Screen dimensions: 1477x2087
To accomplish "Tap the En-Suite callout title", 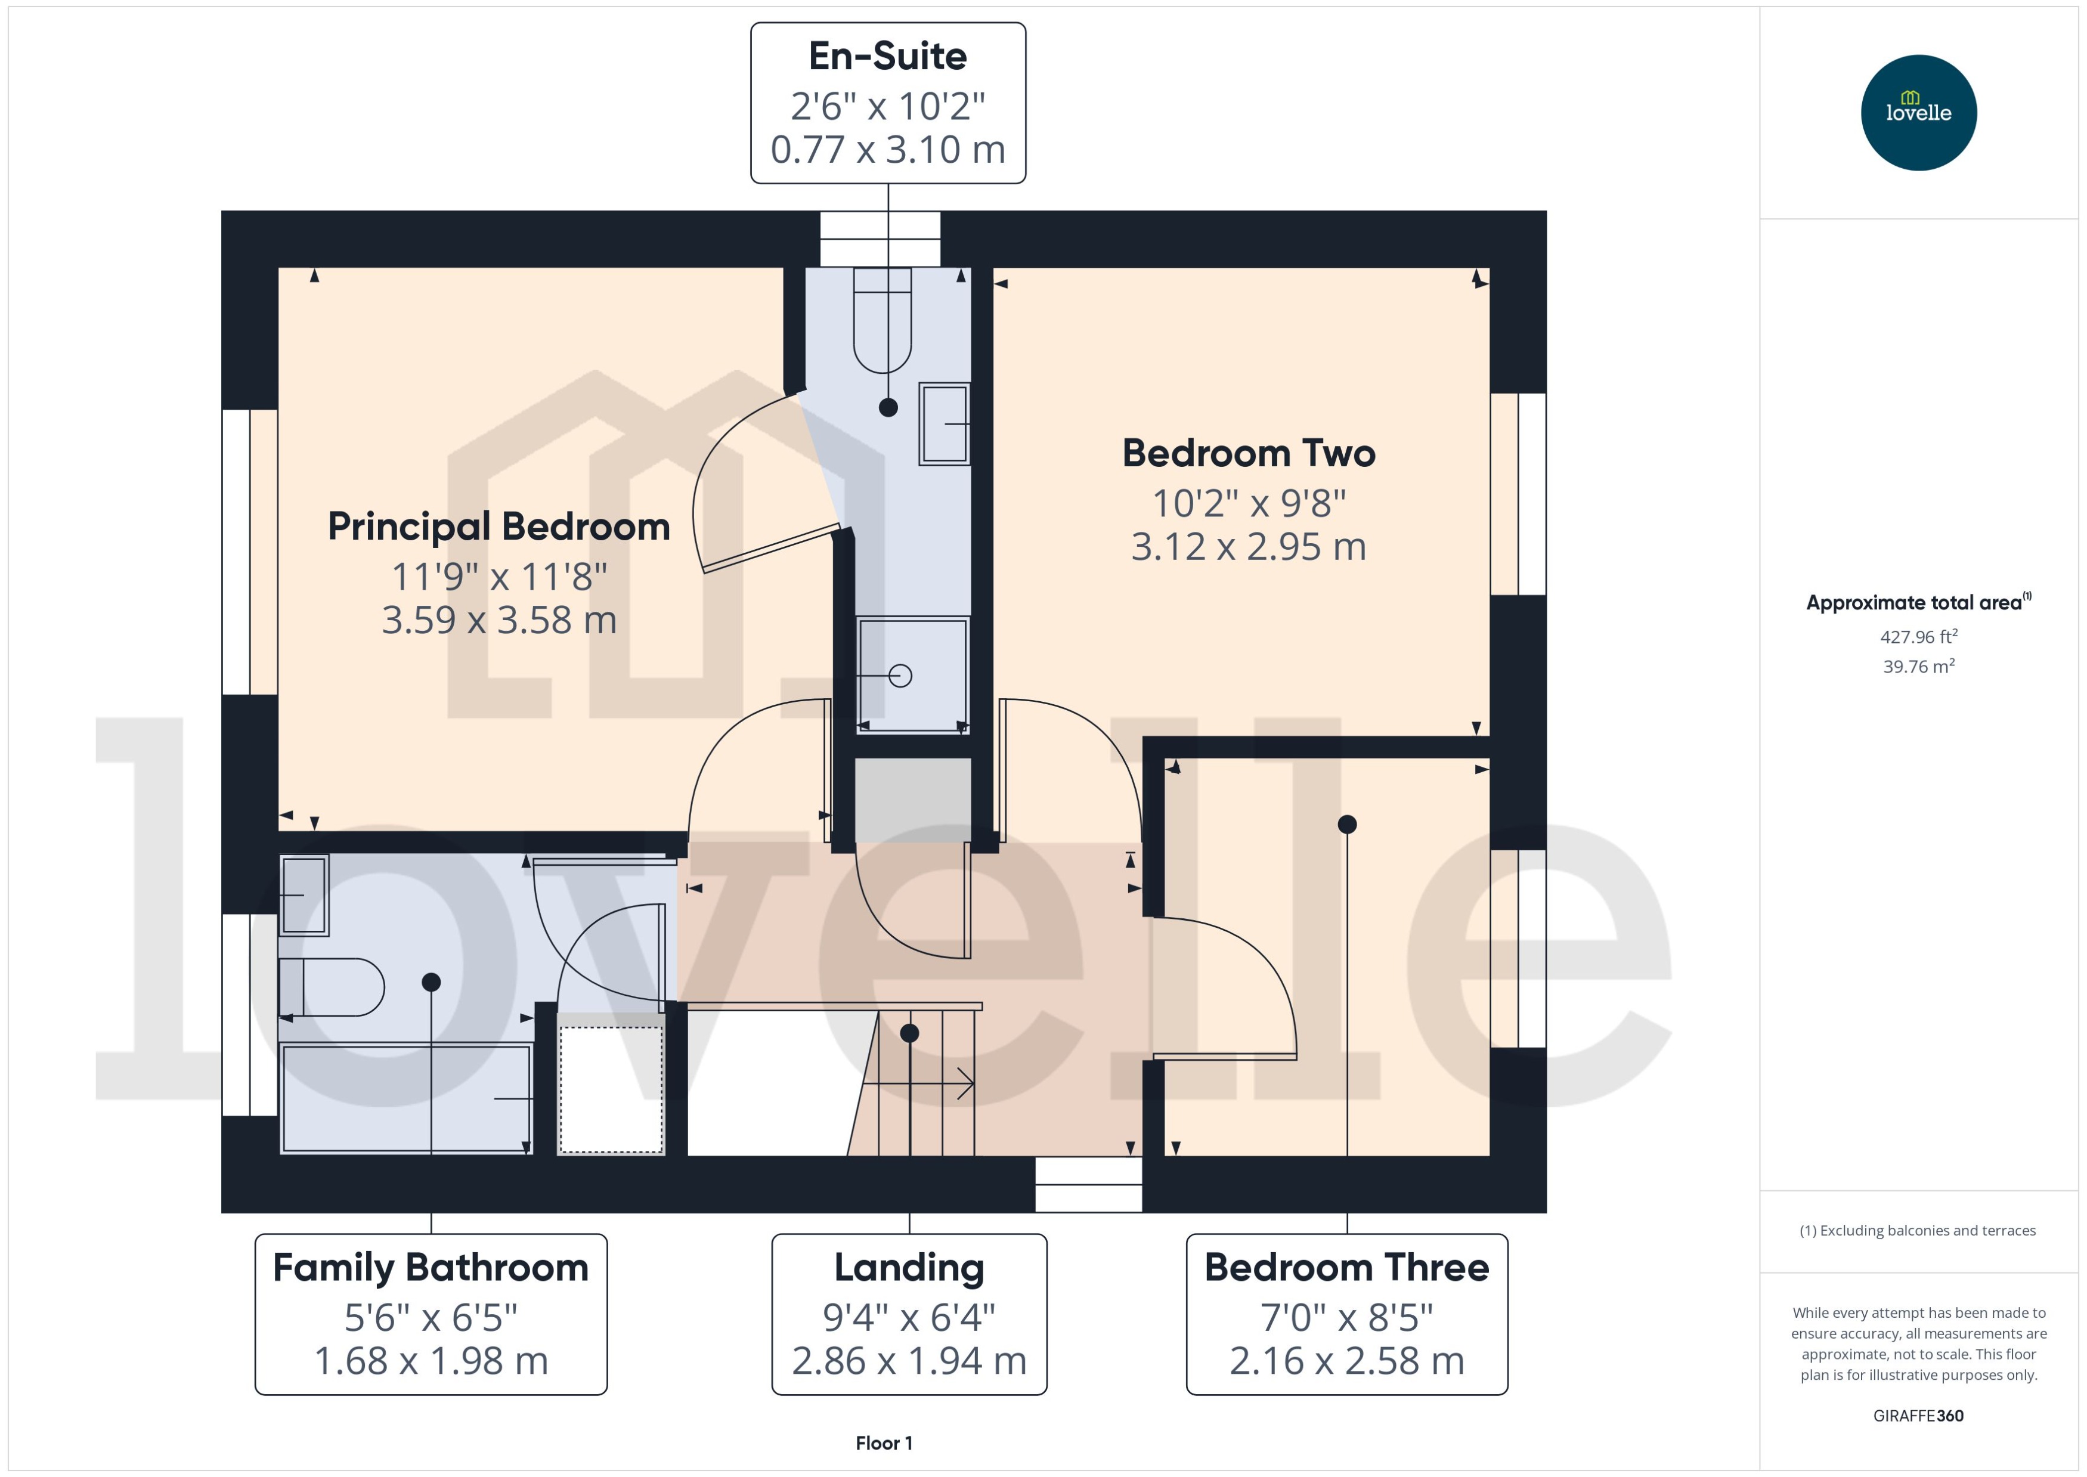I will tap(887, 57).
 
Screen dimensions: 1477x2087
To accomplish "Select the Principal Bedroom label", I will tap(498, 527).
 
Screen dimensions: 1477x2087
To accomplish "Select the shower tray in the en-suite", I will tap(912, 675).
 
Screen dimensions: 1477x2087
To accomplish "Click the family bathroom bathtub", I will tap(405, 1098).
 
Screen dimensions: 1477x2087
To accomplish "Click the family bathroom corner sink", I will tap(304, 895).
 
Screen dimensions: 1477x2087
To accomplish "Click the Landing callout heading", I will tap(909, 1267).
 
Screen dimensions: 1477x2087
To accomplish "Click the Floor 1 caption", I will tap(883, 1442).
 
